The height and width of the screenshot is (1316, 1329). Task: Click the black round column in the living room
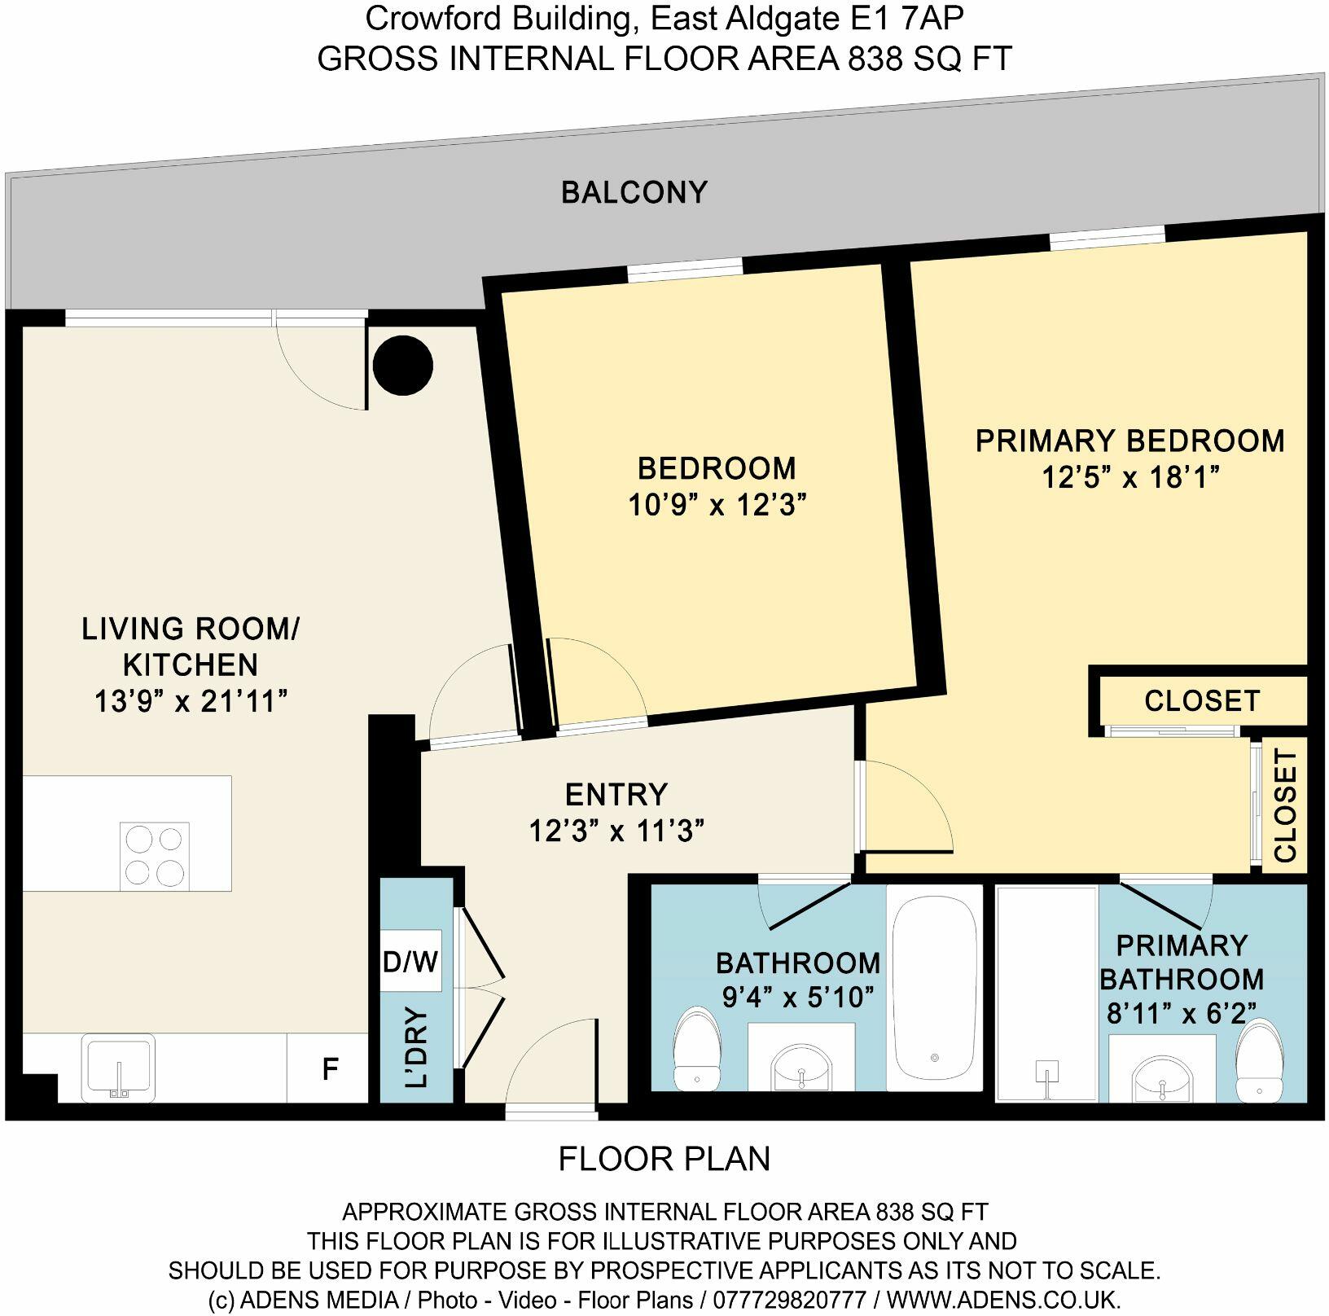coord(402,366)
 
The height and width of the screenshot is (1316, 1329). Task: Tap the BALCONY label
coord(634,193)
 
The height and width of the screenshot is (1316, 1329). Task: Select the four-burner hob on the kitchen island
coord(155,856)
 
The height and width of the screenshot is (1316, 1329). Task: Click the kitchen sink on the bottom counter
coord(119,1066)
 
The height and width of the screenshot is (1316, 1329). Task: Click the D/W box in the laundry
coord(410,962)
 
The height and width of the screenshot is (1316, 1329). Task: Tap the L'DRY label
coord(416,1048)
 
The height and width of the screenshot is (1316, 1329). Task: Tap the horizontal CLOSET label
coord(1201,701)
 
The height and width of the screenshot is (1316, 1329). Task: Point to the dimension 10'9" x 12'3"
coord(717,506)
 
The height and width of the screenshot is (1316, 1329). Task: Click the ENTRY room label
coord(616,794)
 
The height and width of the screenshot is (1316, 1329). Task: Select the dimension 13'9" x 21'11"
coord(191,701)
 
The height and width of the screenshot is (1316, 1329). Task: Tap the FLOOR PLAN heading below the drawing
coord(664,1159)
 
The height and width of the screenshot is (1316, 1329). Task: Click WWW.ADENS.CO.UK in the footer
coord(1003,1298)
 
